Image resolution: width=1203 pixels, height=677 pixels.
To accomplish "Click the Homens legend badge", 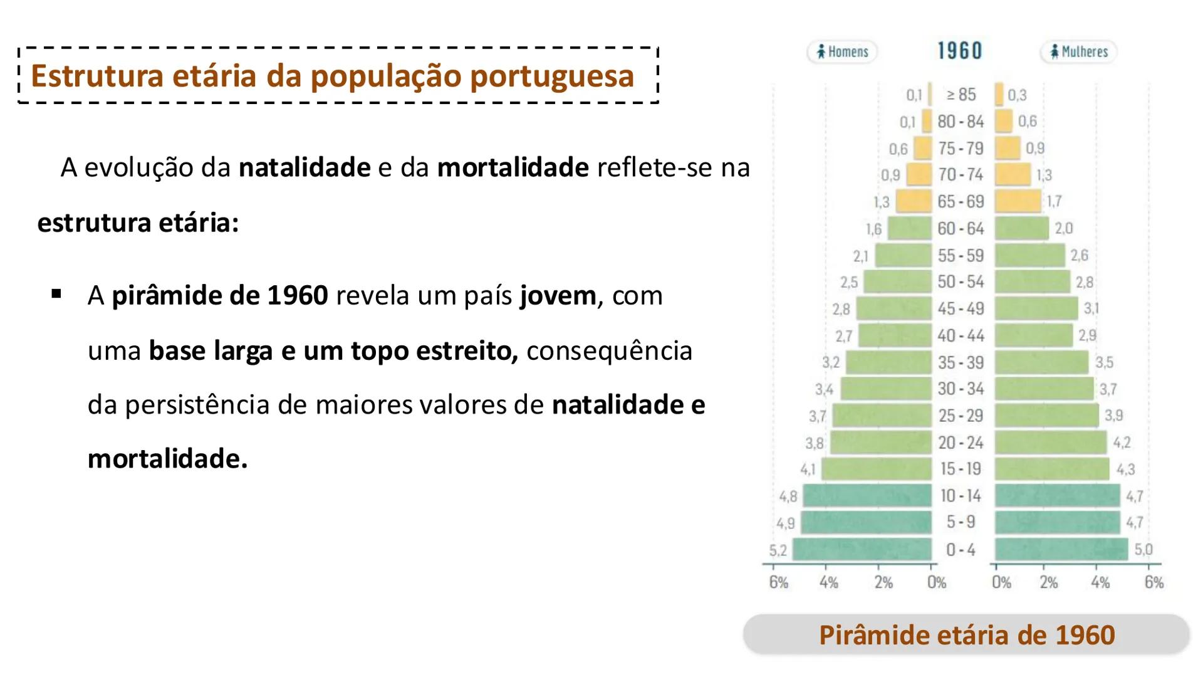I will (x=842, y=51).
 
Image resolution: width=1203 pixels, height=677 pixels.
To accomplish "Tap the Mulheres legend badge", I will (x=1078, y=51).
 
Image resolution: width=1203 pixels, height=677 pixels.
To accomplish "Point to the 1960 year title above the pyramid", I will (x=959, y=51).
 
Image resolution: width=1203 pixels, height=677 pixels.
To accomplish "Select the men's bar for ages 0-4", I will (x=862, y=549).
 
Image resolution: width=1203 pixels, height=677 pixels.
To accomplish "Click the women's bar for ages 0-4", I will (x=1061, y=549).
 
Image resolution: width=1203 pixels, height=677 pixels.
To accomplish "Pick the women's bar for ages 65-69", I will (x=1018, y=201).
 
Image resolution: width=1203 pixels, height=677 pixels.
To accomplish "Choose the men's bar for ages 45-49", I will (x=894, y=308).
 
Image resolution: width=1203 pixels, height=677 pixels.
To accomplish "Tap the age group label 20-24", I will (x=961, y=443).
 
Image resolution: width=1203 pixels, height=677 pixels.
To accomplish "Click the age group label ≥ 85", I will (x=961, y=95).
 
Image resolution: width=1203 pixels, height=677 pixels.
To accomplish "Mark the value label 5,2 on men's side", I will (x=778, y=550).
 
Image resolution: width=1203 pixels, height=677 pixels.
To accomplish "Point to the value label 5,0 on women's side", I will (x=1143, y=550).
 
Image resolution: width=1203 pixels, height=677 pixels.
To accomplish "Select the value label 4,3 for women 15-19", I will (x=1125, y=469).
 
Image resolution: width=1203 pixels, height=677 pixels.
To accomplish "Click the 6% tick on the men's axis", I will (x=778, y=582).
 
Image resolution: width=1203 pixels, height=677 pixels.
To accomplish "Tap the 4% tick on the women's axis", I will (x=1100, y=582).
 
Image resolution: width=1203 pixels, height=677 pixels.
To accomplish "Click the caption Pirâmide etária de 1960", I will (x=966, y=635).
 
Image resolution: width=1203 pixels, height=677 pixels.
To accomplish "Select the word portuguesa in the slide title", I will (x=551, y=76).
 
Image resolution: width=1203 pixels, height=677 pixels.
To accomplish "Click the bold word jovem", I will (x=558, y=295).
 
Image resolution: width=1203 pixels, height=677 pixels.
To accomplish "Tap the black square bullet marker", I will (x=57, y=293).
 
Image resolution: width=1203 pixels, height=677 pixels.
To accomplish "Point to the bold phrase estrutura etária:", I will (x=138, y=223).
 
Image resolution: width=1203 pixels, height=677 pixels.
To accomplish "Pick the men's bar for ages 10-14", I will (x=867, y=496).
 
